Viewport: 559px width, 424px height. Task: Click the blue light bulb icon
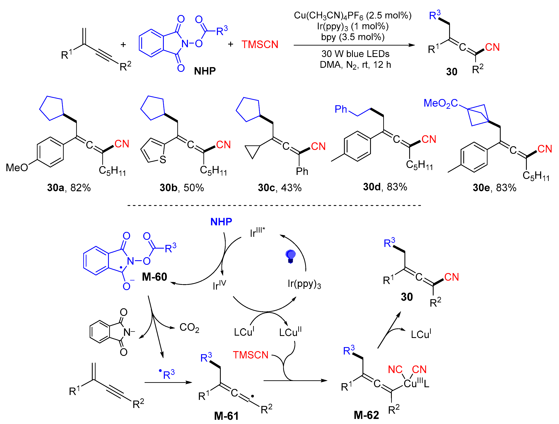[290, 256]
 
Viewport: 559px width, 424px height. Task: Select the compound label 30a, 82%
[69, 188]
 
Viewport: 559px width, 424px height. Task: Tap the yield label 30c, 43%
[279, 188]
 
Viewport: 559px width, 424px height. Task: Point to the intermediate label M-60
[154, 277]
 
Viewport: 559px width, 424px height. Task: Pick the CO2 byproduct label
[189, 328]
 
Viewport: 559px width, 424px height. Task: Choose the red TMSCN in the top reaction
[260, 45]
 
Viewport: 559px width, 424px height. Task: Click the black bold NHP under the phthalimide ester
[205, 71]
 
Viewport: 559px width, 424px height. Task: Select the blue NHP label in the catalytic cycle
[221, 222]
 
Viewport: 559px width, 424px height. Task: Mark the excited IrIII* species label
[257, 232]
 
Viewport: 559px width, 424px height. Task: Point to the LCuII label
[290, 332]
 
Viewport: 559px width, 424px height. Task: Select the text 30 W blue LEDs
[355, 54]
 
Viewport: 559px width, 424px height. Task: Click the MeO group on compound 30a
[17, 167]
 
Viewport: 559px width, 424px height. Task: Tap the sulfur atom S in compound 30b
[163, 160]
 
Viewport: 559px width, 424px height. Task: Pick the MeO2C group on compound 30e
[441, 103]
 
